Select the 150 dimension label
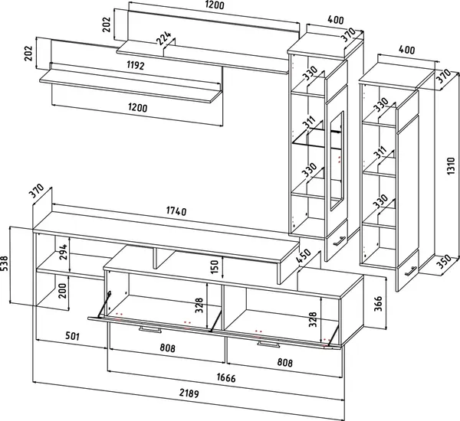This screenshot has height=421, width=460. [215, 268]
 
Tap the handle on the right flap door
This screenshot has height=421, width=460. [268, 344]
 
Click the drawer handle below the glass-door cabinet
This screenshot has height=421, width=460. [337, 242]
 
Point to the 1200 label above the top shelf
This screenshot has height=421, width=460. [215, 6]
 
